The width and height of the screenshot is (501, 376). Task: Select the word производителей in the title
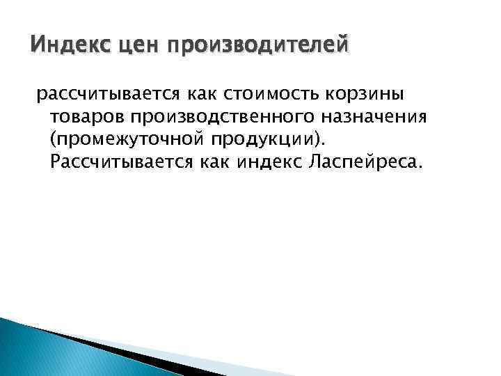click(x=248, y=48)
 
